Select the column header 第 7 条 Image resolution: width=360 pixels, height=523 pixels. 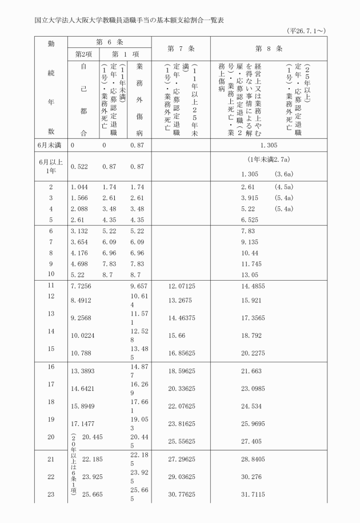[181, 49]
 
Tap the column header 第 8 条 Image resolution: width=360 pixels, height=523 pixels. [269, 49]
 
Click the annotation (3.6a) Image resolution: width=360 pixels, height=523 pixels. [284, 173]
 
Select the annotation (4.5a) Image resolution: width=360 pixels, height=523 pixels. [284, 187]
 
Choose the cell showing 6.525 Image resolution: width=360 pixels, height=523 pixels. [250, 219]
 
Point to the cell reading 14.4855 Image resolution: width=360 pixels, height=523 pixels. [253, 285]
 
